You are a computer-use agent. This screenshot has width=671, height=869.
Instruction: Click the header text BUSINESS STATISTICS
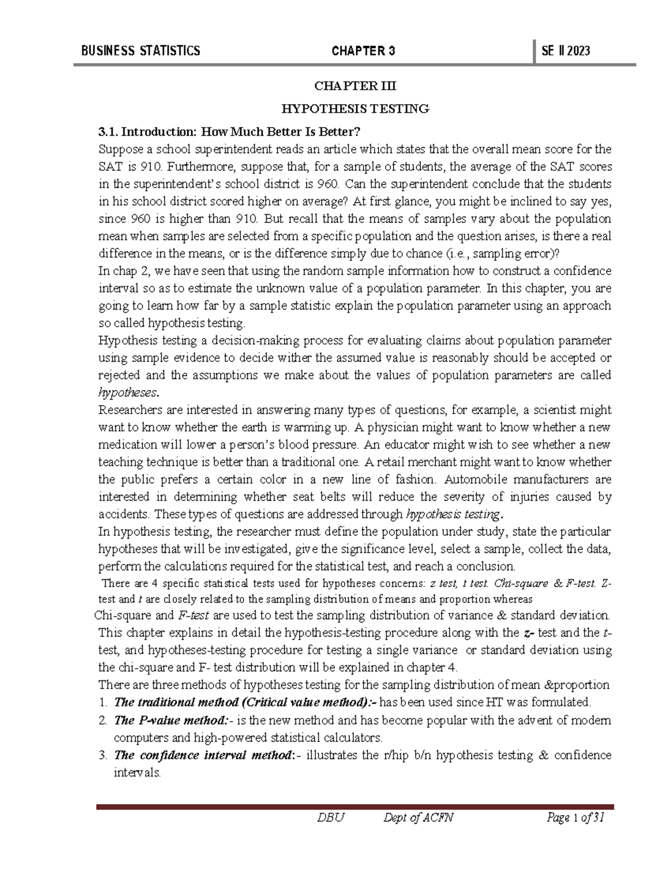(140, 51)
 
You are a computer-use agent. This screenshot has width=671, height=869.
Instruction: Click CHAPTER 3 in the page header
(363, 51)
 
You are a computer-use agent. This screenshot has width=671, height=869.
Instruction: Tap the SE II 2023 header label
(566, 51)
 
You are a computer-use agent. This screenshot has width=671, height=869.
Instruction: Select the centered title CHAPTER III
(355, 86)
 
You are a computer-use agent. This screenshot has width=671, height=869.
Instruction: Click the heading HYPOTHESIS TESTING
(355, 109)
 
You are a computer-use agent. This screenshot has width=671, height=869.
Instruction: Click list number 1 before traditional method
(102, 702)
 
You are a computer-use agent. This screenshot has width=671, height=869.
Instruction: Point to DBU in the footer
(330, 818)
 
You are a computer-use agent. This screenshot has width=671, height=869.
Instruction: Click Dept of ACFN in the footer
(418, 818)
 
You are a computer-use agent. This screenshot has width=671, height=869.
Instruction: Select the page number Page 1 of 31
(575, 818)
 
